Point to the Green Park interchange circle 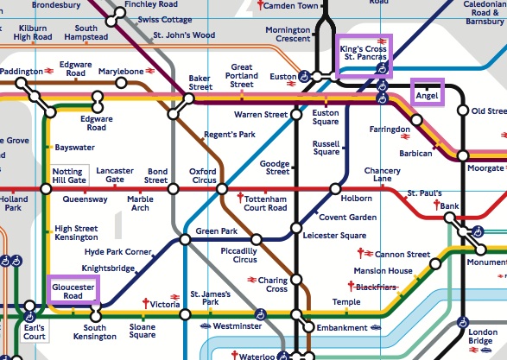(x=183, y=239)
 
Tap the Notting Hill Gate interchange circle (x=46, y=188)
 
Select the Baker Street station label (x=200, y=82)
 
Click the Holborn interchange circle (x=329, y=188)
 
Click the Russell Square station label (x=326, y=147)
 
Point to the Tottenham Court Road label (x=266, y=203)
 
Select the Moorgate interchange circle (x=463, y=155)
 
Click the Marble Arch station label (x=140, y=204)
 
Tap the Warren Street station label (x=260, y=115)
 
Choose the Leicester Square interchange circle (x=295, y=228)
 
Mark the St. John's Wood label (x=184, y=35)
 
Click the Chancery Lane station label (x=382, y=174)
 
